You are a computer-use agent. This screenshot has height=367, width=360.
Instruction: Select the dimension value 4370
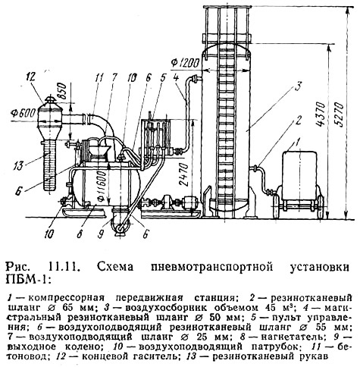321,114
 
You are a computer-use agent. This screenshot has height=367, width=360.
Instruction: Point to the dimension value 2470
184,174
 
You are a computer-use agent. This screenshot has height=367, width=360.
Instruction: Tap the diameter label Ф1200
186,63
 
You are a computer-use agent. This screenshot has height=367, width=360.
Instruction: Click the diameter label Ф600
23,113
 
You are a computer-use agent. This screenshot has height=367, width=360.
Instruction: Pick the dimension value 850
61,93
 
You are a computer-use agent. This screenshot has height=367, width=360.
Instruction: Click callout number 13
18,166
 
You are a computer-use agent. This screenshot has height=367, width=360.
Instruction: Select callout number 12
33,76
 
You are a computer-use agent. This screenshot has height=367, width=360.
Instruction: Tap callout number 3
298,86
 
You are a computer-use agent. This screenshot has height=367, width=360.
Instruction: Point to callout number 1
298,141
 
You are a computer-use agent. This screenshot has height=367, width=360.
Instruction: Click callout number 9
101,234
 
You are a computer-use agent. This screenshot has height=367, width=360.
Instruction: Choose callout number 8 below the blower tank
80,234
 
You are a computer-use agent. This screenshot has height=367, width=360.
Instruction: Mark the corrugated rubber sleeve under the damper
49,165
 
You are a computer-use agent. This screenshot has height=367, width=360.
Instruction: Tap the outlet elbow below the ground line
121,222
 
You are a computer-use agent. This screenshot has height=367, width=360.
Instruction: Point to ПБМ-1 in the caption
27,279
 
